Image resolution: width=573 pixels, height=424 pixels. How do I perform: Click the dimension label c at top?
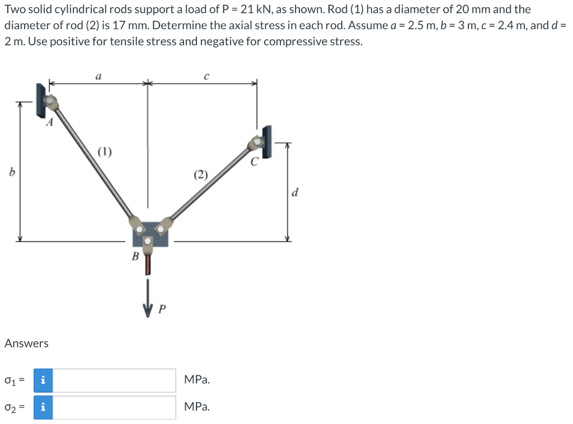click(206, 76)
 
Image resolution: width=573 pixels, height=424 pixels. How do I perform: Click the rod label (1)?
click(105, 150)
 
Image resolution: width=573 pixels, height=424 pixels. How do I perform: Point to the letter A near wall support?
click(50, 123)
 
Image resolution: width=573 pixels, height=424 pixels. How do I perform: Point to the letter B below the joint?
click(134, 256)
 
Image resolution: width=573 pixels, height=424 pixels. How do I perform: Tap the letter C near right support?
click(255, 163)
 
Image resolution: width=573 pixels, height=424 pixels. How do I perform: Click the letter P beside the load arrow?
click(162, 309)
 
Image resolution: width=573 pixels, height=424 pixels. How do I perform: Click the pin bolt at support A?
click(51, 101)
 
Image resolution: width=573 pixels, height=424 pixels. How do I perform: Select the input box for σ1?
click(115, 380)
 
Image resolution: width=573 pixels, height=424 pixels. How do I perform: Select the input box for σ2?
click(115, 407)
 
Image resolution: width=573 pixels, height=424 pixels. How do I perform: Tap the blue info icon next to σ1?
click(43, 380)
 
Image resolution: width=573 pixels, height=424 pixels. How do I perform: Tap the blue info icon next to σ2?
click(43, 407)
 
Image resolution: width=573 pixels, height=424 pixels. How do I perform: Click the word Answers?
click(26, 343)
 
